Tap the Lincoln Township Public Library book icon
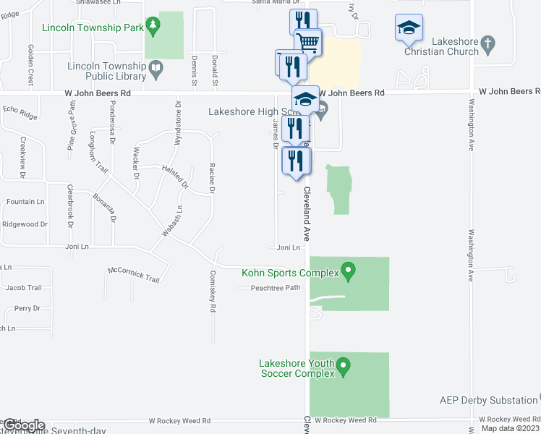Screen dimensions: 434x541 click(156, 70)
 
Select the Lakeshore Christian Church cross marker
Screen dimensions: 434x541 click(488, 45)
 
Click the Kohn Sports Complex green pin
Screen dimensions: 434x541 click(349, 272)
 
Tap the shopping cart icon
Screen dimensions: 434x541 click(308, 42)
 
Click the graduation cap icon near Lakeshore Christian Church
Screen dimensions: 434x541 click(409, 27)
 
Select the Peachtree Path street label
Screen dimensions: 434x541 click(275, 288)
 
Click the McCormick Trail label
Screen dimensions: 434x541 click(133, 275)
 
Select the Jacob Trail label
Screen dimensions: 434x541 click(23, 288)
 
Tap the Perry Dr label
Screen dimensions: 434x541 click(27, 308)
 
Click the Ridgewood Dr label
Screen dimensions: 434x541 click(25, 224)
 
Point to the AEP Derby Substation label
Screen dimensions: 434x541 click(488, 400)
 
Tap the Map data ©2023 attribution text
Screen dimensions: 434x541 click(510, 429)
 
